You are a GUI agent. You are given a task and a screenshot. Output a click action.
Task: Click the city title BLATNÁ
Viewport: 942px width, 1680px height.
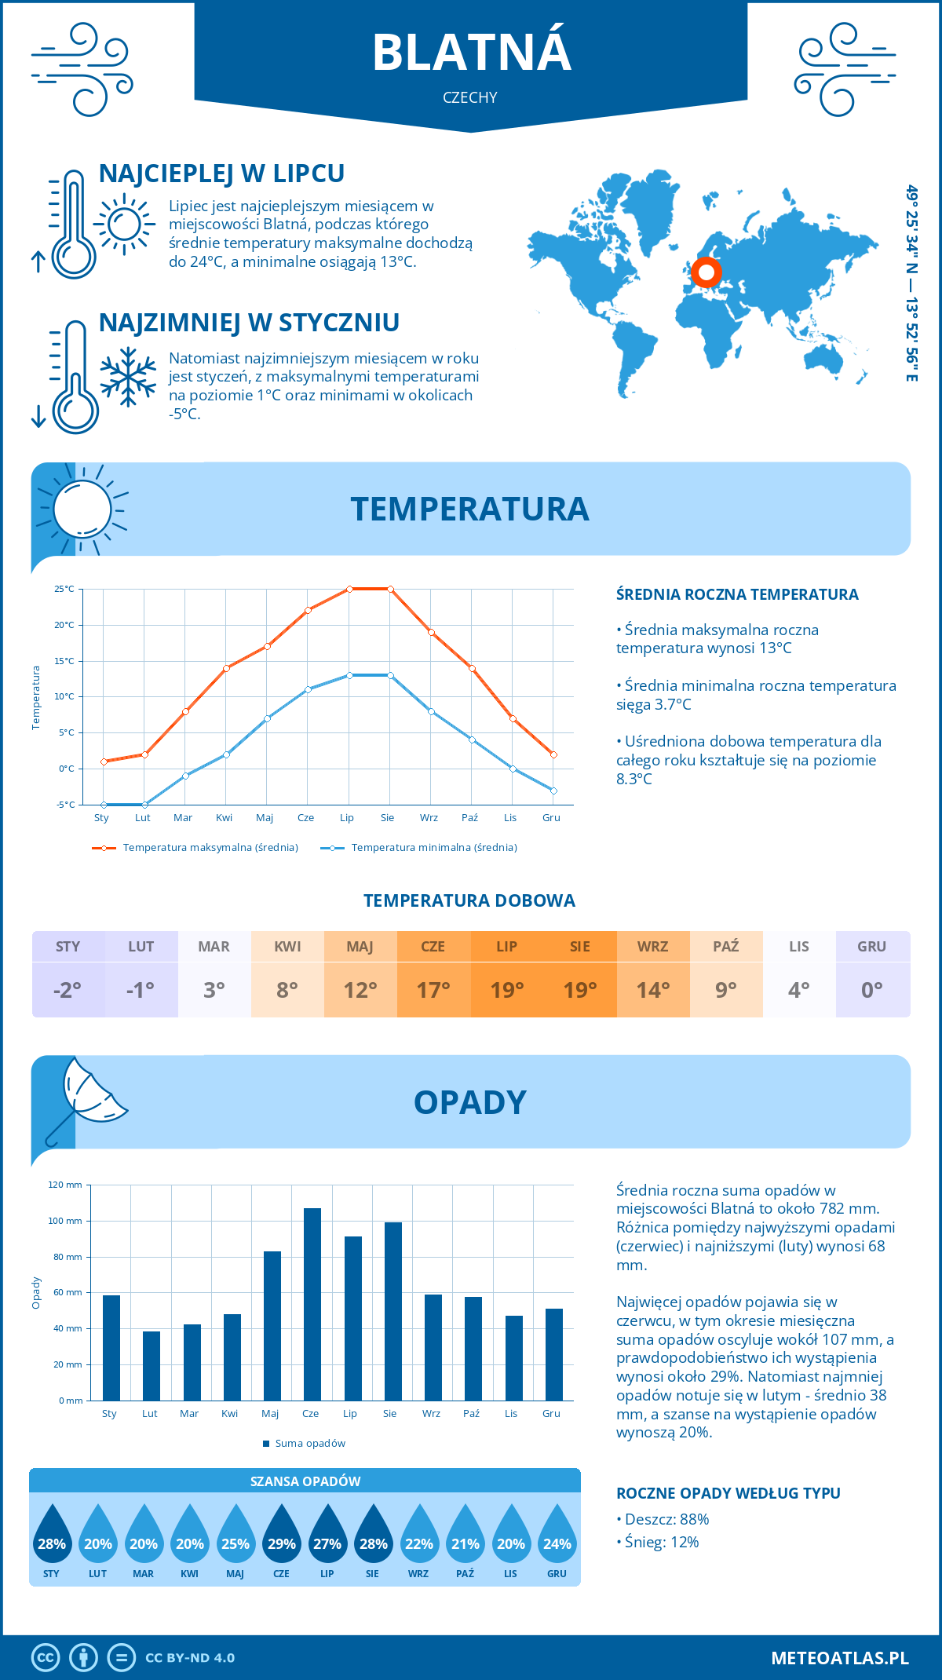point(471,53)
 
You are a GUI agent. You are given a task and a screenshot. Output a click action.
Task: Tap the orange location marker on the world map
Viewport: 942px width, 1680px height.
point(706,272)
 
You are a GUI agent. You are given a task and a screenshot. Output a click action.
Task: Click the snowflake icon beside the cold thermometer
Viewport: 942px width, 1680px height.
point(128,377)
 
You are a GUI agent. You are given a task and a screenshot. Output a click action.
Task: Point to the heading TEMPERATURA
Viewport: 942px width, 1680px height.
point(469,509)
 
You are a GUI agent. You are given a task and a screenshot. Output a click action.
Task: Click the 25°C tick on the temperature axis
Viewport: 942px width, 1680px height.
point(64,589)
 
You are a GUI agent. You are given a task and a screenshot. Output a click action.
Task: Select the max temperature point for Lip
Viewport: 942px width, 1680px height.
point(349,589)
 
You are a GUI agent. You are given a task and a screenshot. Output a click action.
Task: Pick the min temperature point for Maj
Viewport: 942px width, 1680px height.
point(267,718)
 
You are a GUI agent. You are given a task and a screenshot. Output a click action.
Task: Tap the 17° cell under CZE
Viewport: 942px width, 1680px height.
point(433,990)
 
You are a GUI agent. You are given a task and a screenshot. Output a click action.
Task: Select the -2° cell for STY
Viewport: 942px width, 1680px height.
point(68,990)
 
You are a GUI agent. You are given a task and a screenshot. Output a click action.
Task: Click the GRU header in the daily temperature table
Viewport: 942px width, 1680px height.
point(871,947)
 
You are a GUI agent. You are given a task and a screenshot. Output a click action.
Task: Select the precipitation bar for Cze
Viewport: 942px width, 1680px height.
point(312,1304)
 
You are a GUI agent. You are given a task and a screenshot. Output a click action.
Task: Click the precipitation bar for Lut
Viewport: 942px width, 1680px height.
point(152,1366)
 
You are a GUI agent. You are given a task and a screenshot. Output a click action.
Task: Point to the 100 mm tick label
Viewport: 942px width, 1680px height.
point(65,1221)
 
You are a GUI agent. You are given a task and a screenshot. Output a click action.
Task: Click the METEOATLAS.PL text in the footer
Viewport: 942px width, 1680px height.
point(840,1658)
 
